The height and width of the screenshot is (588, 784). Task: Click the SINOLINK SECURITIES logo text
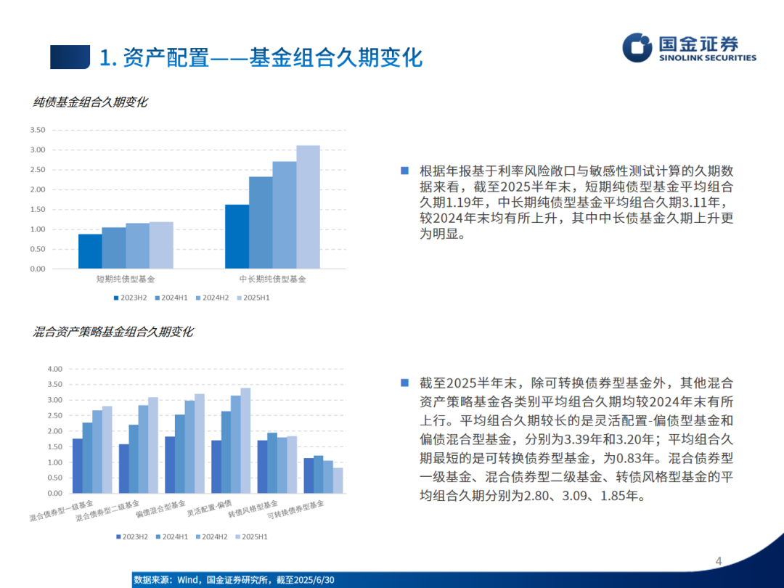click(707, 58)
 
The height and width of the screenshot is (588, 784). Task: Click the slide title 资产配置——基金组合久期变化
click(261, 57)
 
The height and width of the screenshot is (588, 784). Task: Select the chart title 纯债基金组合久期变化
click(90, 102)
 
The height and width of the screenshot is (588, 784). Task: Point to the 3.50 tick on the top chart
click(37, 131)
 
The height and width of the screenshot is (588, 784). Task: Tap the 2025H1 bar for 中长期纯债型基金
click(308, 207)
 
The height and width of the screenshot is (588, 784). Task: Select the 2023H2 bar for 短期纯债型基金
click(90, 251)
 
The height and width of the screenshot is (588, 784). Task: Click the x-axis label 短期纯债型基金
click(126, 279)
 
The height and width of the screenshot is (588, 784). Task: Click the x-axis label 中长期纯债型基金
click(272, 279)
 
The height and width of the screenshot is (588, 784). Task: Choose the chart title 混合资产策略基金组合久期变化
click(113, 332)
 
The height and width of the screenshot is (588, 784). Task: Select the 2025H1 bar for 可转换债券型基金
click(338, 480)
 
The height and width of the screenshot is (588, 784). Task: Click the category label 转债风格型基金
click(253, 508)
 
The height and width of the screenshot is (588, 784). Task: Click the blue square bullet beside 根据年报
click(405, 171)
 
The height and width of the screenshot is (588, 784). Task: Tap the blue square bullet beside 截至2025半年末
click(405, 383)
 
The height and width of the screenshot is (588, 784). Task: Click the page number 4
click(719, 560)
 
